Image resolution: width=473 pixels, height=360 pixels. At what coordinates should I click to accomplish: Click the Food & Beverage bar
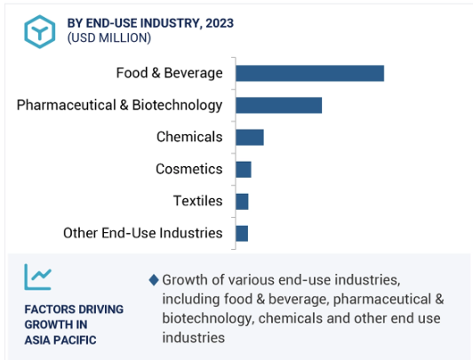click(309, 73)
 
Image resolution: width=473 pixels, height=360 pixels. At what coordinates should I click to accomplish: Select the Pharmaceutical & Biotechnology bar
click(279, 105)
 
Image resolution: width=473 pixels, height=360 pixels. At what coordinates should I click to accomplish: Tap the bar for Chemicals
click(250, 137)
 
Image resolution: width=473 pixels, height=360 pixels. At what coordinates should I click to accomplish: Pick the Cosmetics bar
click(244, 169)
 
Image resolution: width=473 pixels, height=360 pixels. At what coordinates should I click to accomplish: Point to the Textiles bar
click(242, 202)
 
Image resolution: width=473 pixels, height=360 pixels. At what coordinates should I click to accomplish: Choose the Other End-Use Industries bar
click(242, 234)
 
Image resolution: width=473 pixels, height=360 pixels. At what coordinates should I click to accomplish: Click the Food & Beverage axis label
click(170, 73)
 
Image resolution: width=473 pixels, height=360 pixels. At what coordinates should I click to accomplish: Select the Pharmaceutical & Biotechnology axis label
click(119, 106)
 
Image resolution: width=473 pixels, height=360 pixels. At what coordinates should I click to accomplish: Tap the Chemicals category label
click(189, 137)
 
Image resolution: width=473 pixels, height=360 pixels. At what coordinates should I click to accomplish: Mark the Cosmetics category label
click(189, 169)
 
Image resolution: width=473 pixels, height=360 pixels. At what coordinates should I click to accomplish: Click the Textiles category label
click(198, 201)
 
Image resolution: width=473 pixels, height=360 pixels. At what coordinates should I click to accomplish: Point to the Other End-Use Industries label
click(143, 233)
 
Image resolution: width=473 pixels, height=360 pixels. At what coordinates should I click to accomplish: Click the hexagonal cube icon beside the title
click(39, 31)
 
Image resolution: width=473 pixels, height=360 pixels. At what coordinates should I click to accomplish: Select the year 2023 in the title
click(220, 23)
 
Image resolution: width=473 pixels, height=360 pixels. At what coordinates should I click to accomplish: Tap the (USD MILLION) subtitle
click(109, 38)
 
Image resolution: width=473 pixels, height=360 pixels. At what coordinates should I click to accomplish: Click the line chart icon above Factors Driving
click(38, 276)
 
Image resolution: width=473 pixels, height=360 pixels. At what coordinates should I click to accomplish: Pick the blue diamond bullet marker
click(154, 280)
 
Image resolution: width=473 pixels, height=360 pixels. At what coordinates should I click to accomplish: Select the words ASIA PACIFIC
click(60, 340)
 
